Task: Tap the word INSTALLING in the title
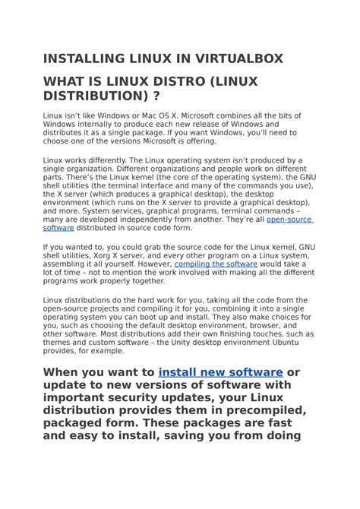coord(84,58)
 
